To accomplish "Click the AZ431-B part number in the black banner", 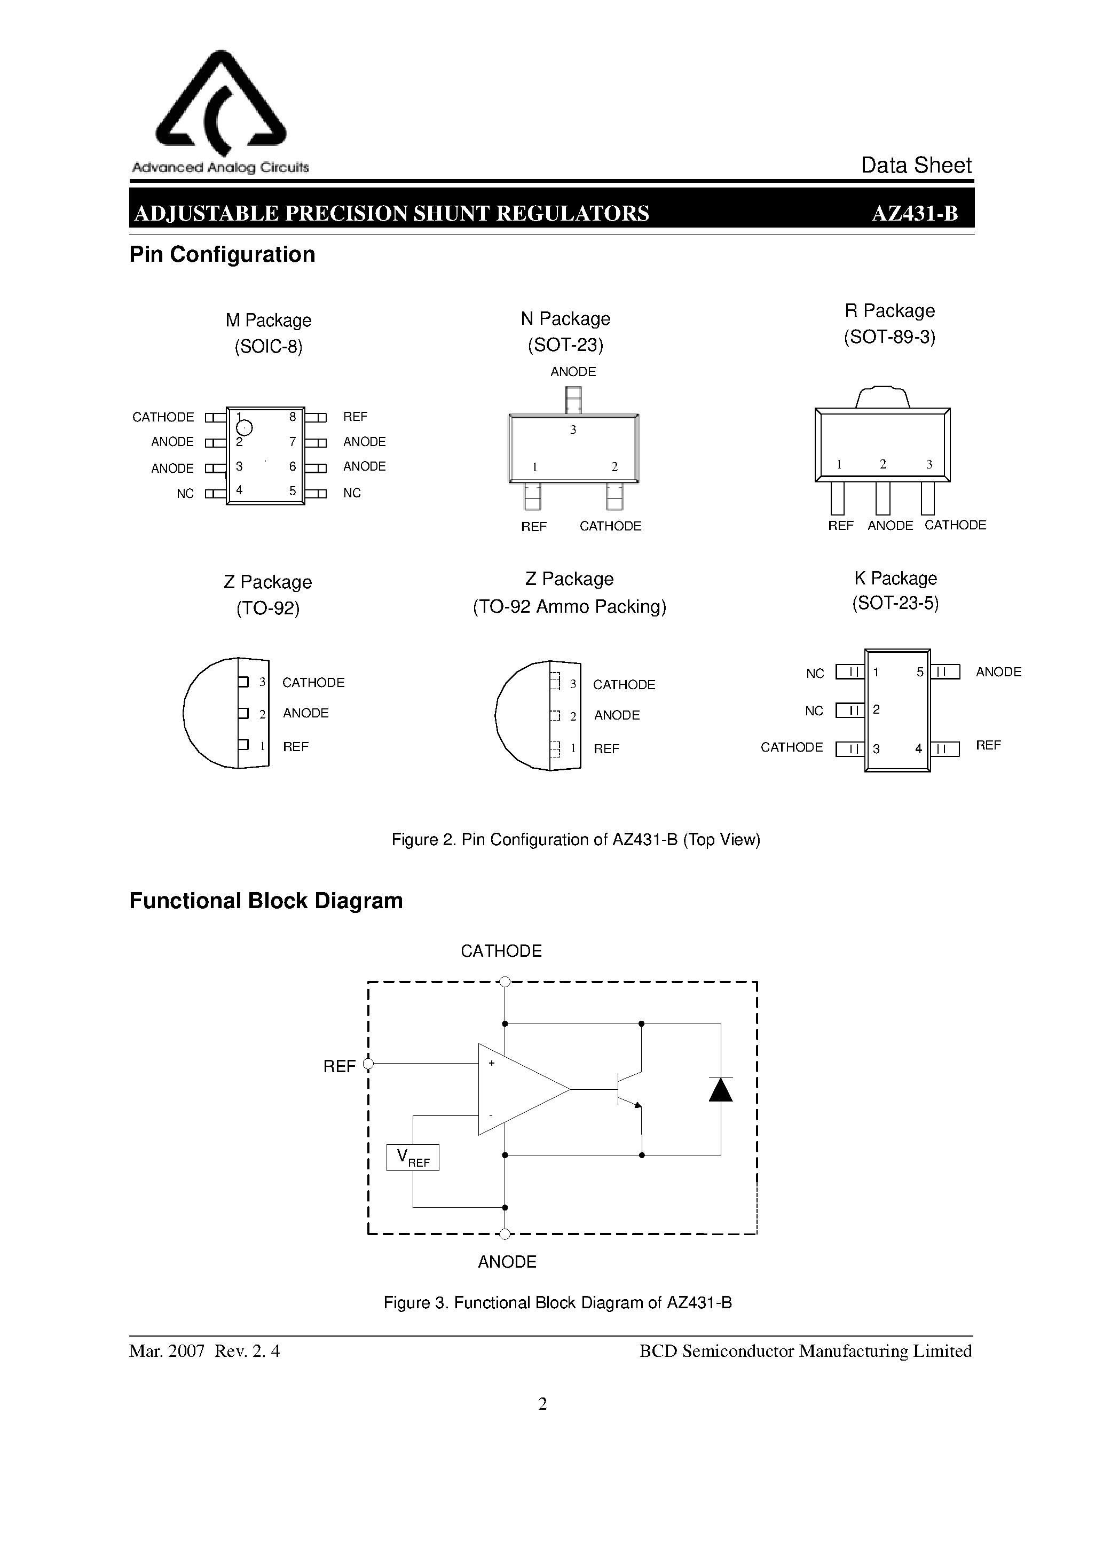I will click(x=915, y=214).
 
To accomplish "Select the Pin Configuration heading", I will click(x=223, y=254).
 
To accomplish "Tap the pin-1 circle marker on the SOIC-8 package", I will click(x=244, y=428).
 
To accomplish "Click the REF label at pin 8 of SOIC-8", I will click(x=355, y=416).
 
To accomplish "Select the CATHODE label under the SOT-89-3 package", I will click(x=955, y=525).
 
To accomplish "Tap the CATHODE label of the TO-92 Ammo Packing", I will click(x=624, y=684).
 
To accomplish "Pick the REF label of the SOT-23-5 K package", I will click(x=988, y=745).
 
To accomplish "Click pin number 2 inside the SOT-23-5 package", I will click(x=877, y=709).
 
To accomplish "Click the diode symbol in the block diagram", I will click(x=721, y=1089).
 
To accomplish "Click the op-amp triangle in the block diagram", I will click(x=517, y=1089).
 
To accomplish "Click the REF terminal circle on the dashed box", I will click(x=368, y=1064).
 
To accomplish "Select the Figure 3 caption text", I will click(x=557, y=1303).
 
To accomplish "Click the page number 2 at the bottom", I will click(x=542, y=1403).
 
